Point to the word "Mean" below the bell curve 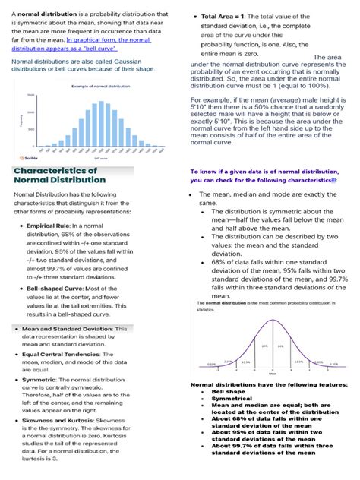pos(272,374)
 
